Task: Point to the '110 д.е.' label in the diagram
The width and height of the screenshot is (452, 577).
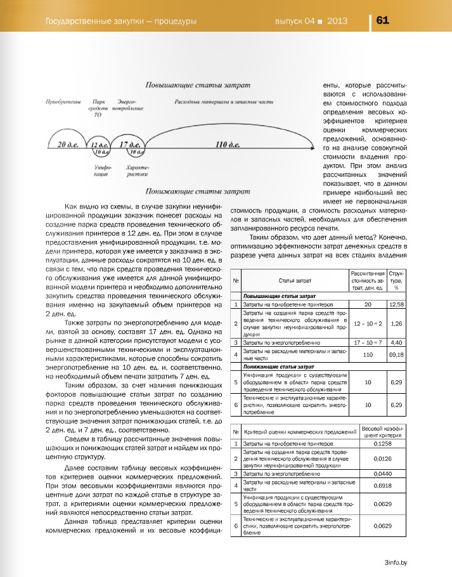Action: pos(228,145)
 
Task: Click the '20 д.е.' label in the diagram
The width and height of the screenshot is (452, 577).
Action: pos(67,145)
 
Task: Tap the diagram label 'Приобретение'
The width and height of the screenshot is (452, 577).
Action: pos(63,101)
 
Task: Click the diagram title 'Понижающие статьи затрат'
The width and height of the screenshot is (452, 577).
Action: pos(192,190)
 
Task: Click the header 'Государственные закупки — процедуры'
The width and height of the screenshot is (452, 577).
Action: pos(119,20)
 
